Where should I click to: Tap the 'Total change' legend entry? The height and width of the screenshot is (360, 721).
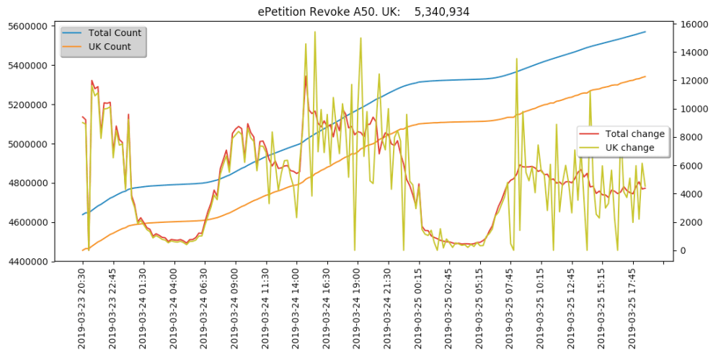tap(634, 133)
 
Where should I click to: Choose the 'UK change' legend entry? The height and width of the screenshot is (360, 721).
tap(629, 148)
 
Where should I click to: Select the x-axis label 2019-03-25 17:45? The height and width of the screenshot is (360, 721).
tap(633, 307)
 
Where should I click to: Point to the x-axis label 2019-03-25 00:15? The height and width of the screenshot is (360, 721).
tap(419, 307)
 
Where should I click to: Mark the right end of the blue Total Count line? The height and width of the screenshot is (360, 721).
tap(645, 32)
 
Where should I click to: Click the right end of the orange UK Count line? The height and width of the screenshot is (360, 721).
tap(645, 76)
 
